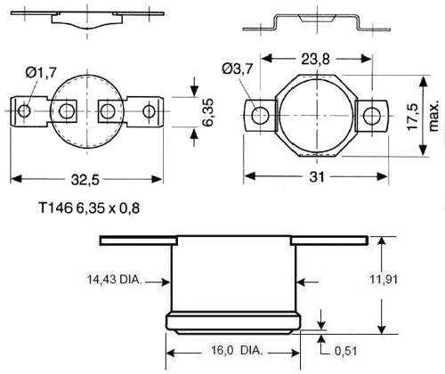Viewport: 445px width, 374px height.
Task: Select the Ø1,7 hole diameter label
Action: tap(41, 71)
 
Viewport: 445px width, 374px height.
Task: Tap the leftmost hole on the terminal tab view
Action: tap(26, 111)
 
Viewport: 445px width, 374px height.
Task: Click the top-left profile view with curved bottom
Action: tap(91, 18)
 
